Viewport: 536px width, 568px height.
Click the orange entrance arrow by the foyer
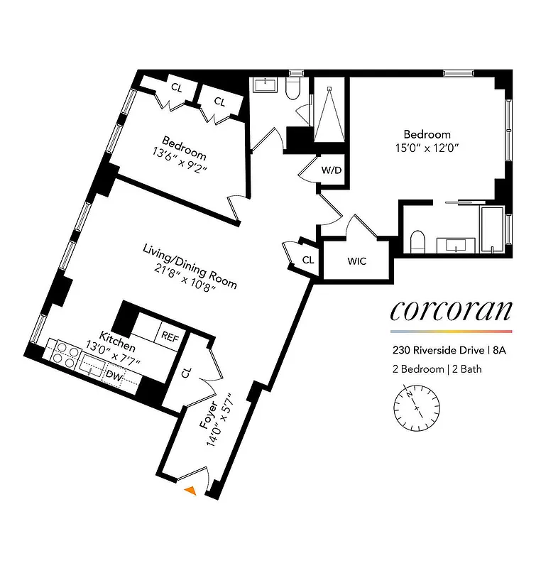[x=190, y=489]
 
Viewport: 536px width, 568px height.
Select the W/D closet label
[x=331, y=170]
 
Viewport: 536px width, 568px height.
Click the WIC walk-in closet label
[x=357, y=261]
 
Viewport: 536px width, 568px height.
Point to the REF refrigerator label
[x=170, y=337]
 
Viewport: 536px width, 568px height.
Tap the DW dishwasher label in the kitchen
[x=112, y=374]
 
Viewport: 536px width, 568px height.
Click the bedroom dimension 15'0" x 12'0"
[x=427, y=148]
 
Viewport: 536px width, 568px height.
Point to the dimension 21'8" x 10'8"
[x=189, y=273]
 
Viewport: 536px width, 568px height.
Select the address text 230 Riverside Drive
[x=435, y=350]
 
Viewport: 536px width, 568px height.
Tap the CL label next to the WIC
[x=307, y=261]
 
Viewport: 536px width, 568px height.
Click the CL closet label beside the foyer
[x=185, y=373]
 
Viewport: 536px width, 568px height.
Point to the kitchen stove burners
[x=64, y=354]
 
